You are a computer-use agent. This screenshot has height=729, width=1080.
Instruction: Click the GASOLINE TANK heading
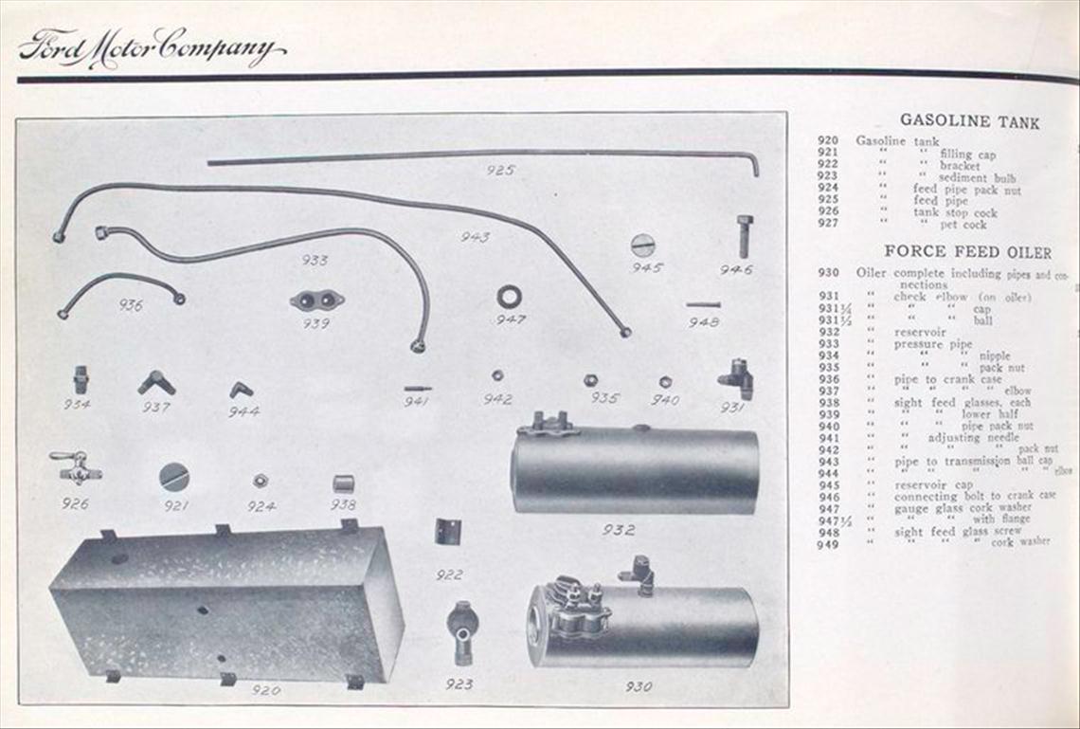969,121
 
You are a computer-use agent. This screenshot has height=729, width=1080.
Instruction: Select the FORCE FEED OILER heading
967,252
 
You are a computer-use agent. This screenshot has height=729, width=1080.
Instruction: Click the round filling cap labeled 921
174,476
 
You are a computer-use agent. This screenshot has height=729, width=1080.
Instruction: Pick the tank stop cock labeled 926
76,467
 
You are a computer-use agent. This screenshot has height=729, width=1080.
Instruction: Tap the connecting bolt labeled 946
744,236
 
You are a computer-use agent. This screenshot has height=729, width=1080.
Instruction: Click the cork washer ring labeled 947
509,297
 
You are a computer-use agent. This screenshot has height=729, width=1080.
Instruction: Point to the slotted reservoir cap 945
643,246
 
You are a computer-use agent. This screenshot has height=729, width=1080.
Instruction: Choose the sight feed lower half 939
316,301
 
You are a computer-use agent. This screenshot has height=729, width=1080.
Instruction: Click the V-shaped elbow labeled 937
156,382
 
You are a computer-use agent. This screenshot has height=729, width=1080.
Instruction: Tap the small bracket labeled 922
447,531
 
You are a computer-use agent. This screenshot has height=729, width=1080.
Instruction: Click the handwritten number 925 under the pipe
500,171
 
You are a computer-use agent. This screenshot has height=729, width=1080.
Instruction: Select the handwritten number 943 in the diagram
475,237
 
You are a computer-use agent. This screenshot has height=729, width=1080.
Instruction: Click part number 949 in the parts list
827,543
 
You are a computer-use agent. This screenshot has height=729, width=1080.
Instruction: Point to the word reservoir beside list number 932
920,333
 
